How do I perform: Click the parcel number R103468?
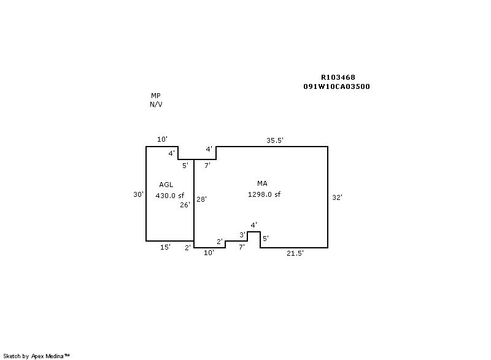[338, 78]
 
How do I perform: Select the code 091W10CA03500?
[336, 86]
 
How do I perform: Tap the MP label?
[156, 96]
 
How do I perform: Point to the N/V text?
[156, 104]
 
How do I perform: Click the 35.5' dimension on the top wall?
[274, 140]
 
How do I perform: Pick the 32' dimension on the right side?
[337, 197]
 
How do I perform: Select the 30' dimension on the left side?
[138, 194]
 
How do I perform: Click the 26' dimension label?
[185, 205]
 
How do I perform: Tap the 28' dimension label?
[202, 199]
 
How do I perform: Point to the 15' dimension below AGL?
[165, 247]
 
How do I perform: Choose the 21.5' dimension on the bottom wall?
[295, 253]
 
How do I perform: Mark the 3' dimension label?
[242, 235]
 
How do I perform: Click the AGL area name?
[166, 185]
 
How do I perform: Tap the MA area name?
[262, 183]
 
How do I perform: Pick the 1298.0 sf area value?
[264, 194]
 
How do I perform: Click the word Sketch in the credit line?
[12, 356]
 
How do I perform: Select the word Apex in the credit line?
[39, 356]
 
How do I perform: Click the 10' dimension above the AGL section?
[162, 140]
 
